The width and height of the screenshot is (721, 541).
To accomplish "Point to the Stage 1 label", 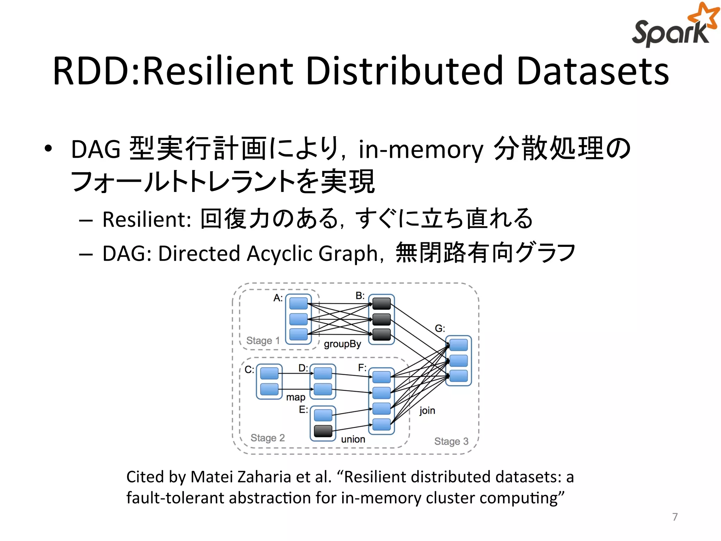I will [263, 341].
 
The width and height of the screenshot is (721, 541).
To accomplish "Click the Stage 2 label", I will [268, 438].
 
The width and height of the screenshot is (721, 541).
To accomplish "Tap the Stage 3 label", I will [451, 441].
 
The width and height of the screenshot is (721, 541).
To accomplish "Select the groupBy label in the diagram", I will [342, 344].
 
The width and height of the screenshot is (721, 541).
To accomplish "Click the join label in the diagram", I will [427, 411].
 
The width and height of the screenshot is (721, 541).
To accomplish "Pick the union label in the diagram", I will [353, 440].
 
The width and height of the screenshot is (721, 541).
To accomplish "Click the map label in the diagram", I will [295, 398].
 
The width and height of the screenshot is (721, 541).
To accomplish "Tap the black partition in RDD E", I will [323, 431].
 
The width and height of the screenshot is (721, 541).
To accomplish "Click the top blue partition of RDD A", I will [298, 303].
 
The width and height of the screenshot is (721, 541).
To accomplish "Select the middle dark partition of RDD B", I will [381, 319].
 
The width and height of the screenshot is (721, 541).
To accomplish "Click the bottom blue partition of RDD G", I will [458, 376].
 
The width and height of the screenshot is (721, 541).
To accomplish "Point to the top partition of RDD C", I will [269, 373].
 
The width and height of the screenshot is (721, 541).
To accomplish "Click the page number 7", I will [675, 517].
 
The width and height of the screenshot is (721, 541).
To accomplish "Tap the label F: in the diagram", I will [362, 368].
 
